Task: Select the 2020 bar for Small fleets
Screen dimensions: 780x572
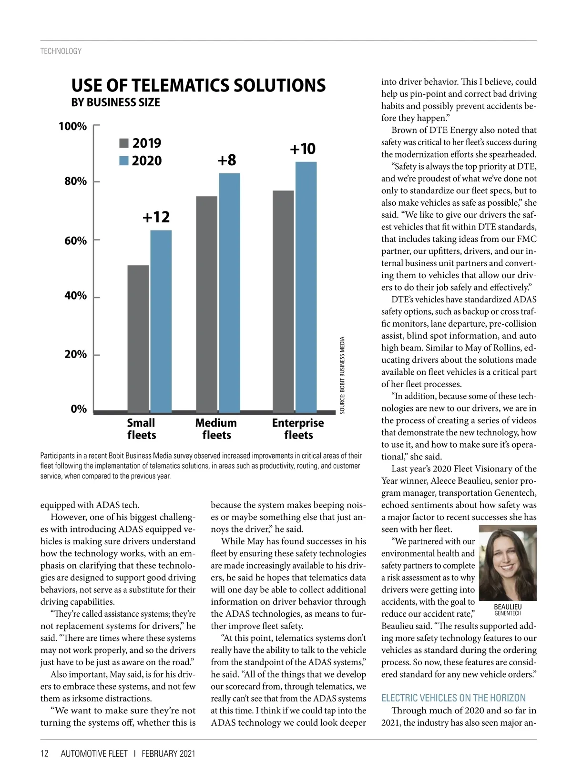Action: pos(161,321)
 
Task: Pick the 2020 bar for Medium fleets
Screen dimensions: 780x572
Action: pos(229,292)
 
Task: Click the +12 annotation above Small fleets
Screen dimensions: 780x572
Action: pos(156,217)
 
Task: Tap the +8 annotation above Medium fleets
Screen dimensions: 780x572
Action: pos(227,160)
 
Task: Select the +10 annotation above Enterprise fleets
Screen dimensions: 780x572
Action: pos(303,149)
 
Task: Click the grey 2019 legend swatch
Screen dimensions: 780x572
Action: pos(124,143)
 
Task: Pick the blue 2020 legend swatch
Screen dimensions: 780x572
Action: pos(124,161)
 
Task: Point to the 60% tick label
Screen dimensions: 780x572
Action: pos(76,240)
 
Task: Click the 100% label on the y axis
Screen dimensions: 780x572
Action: pos(73,126)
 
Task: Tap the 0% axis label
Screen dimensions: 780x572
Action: pos(79,409)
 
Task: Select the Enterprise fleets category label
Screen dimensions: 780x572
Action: pos(298,429)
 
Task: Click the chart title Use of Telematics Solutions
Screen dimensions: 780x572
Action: pos(198,86)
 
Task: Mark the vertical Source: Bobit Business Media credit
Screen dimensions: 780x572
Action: pos(342,375)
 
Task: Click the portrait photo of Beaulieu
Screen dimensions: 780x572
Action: pos(508,563)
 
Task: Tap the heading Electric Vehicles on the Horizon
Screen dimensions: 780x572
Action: pos(453,698)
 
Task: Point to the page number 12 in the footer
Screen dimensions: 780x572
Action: pos(44,753)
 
